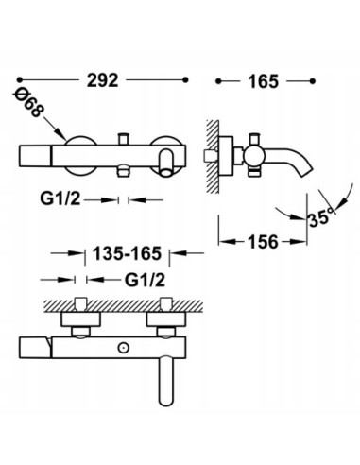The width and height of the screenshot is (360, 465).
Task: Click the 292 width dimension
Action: click(103, 80)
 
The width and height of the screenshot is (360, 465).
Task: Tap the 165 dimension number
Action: click(264, 81)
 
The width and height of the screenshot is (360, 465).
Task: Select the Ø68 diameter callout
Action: click(27, 102)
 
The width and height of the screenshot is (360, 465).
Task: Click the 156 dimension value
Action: click(264, 242)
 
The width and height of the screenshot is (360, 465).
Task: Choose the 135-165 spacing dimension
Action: click(127, 253)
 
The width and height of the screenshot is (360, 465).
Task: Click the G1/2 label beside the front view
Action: click(60, 199)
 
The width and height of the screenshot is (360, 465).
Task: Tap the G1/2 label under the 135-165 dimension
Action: click(145, 280)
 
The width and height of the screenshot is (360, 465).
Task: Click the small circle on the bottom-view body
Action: click(123, 348)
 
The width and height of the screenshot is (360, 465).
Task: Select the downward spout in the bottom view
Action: click(166, 381)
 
